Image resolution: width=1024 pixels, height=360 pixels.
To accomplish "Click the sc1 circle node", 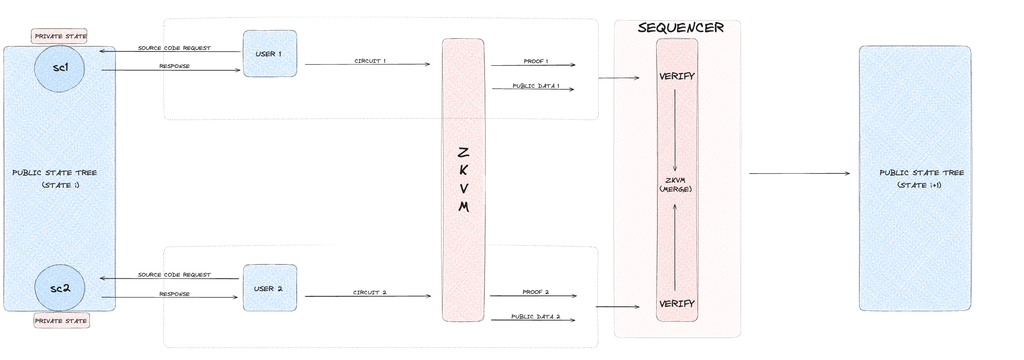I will click(x=60, y=68).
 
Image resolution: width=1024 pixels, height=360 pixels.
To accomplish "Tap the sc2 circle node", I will click(x=60, y=288).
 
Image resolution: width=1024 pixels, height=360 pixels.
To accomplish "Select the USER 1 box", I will click(x=270, y=54).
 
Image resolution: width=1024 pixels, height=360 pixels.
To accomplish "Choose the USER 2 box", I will click(x=270, y=288).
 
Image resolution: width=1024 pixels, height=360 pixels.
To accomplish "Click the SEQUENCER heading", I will click(x=681, y=28).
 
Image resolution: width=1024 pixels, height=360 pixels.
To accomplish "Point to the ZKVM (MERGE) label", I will click(x=676, y=184).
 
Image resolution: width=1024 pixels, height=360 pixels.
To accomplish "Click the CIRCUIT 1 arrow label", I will click(x=370, y=61).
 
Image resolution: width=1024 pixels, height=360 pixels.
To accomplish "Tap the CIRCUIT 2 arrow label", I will click(x=369, y=292).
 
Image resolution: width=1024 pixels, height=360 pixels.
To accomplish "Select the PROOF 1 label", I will click(x=535, y=61).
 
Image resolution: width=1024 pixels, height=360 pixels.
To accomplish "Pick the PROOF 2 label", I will click(x=535, y=292).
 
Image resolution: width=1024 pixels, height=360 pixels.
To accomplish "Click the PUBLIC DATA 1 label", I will click(x=535, y=86).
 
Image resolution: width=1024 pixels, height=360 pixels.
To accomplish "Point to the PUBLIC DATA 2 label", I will click(x=535, y=317).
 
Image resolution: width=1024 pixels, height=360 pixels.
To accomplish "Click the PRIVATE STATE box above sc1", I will click(x=60, y=36).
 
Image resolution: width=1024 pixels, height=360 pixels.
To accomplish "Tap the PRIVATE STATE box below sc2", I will click(x=61, y=321).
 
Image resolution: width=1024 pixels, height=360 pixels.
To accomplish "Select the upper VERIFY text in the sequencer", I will click(x=677, y=76).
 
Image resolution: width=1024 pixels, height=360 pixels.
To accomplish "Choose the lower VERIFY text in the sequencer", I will click(x=677, y=304).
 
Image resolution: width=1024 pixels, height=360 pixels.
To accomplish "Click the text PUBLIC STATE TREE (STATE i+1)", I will click(x=921, y=179).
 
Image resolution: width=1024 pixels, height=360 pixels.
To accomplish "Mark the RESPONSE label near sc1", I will click(x=174, y=66).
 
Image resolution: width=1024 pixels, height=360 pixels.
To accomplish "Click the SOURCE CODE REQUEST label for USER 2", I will click(x=174, y=275).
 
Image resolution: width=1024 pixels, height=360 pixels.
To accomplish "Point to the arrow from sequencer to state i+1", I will click(x=799, y=174).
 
